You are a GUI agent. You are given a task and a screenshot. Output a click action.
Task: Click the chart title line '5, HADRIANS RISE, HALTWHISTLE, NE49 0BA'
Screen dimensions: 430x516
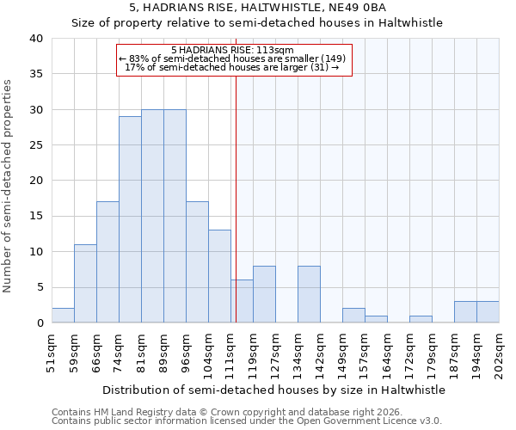[257, 7]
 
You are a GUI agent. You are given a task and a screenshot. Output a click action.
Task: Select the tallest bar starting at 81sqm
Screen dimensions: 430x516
[152, 217]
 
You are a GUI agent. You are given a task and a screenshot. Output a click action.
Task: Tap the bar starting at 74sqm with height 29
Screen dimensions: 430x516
[130, 220]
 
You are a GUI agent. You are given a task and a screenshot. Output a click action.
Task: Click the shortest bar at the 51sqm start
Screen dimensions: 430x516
[63, 316]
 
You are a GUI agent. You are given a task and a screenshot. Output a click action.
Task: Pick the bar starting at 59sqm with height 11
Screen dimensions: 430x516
[85, 284]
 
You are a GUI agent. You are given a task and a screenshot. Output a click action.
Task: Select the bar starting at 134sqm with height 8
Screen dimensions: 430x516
[309, 294]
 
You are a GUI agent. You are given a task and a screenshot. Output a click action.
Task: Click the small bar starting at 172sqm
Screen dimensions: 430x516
[421, 319]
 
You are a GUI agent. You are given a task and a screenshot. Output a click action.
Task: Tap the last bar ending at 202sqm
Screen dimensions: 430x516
[488, 312]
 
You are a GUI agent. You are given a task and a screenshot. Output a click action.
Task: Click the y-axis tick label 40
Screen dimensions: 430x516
[35, 39]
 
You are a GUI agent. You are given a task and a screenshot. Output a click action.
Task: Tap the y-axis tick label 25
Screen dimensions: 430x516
[35, 145]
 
